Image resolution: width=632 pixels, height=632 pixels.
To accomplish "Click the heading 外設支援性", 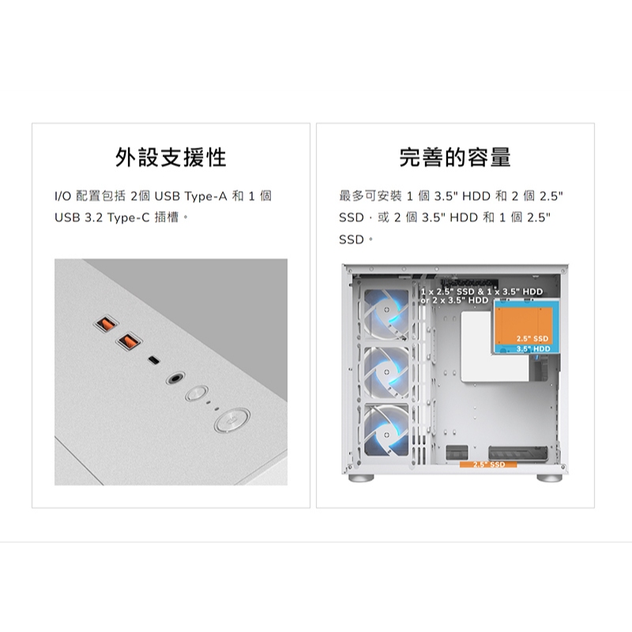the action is (171, 157).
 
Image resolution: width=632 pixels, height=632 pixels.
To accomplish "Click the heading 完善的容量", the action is (455, 157).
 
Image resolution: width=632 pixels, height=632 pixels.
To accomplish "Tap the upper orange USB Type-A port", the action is (106, 323).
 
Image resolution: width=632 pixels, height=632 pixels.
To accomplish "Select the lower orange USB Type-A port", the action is (129, 341).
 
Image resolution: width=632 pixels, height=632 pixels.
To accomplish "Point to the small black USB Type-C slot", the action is (153, 360).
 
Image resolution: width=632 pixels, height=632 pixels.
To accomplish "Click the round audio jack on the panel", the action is (175, 378).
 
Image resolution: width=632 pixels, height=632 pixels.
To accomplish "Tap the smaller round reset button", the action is (197, 393).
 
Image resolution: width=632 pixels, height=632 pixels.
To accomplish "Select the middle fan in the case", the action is (386, 372).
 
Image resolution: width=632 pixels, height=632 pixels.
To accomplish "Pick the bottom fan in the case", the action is (386, 431).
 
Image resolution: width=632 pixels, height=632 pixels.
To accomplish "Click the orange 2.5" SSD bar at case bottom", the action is (488, 465).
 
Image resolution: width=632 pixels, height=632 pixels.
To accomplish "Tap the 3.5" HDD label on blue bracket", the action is (533, 348).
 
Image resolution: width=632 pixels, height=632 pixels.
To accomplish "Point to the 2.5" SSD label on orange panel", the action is (532, 339).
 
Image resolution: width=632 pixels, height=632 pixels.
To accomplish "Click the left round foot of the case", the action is (362, 478).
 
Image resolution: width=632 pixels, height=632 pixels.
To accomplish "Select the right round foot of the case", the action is (549, 478).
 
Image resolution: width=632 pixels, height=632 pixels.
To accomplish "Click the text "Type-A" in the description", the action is (206, 196).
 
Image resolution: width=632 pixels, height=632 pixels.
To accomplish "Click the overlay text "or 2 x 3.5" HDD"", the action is (454, 300).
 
